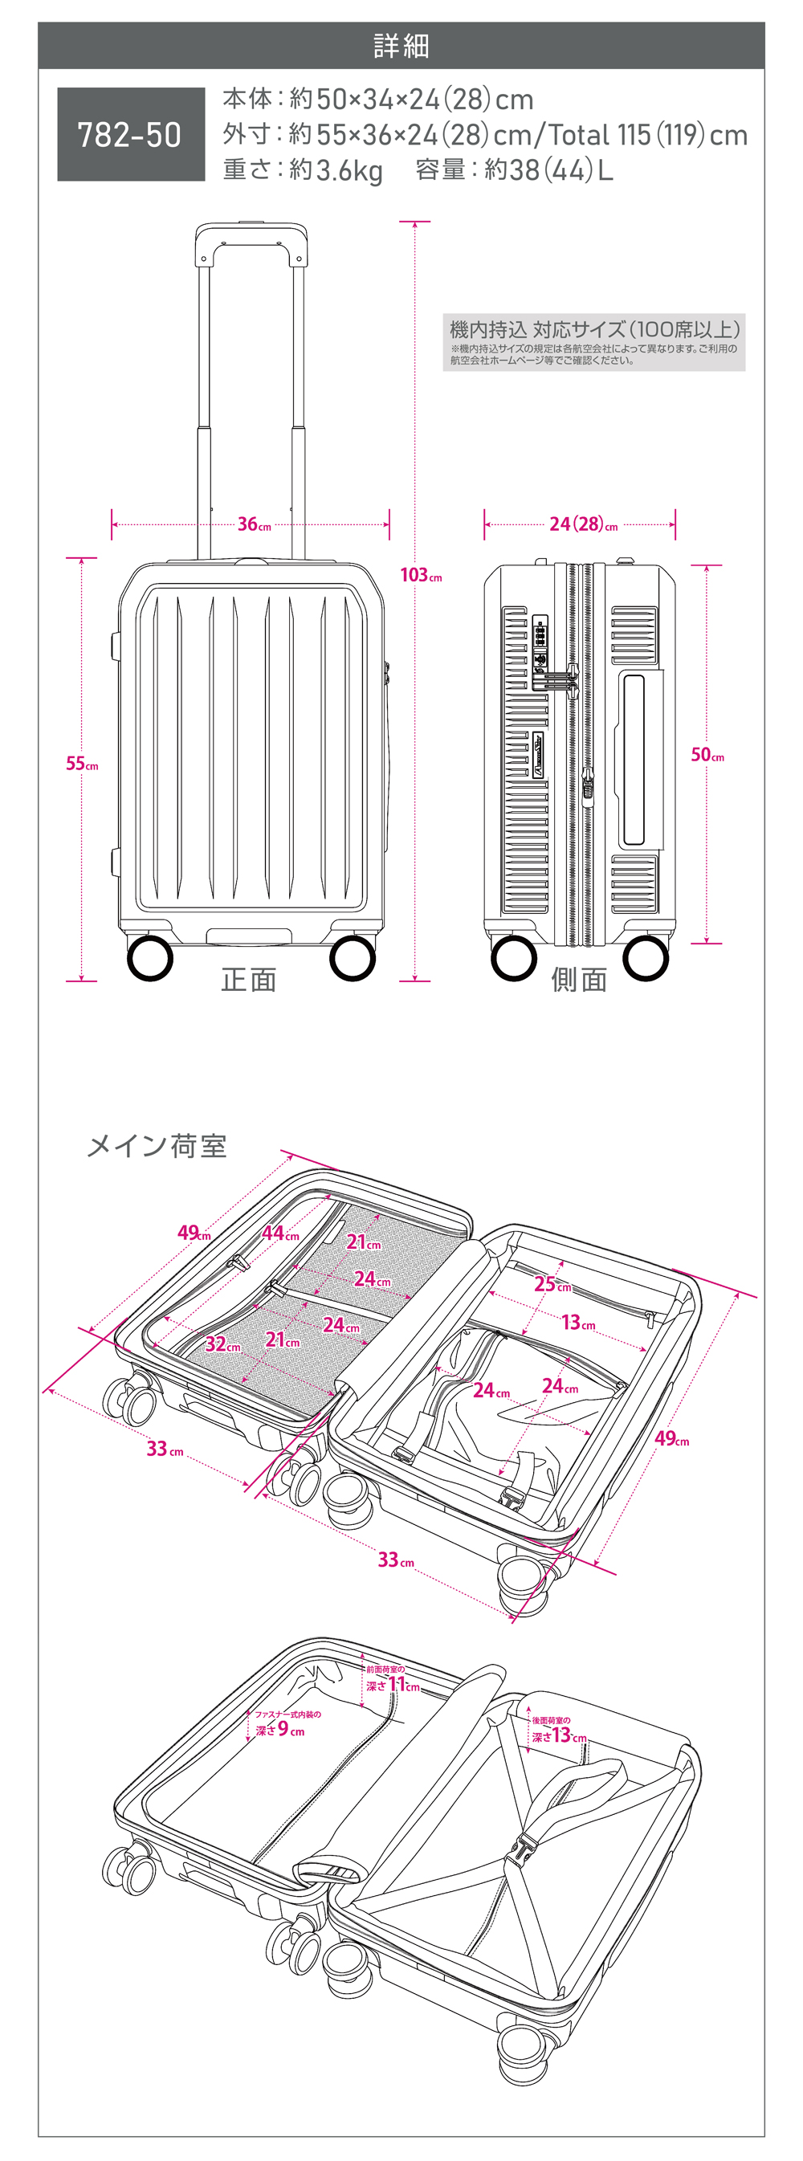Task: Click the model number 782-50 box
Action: tap(131, 134)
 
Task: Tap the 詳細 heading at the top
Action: tap(401, 45)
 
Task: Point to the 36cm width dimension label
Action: tap(254, 524)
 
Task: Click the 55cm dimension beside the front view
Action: tap(81, 764)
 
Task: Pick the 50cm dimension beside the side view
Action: tap(707, 754)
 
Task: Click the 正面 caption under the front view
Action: tap(248, 979)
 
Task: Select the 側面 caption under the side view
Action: tap(578, 979)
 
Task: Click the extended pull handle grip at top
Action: tap(251, 232)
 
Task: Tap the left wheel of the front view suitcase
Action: tap(150, 958)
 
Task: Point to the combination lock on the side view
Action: tap(540, 642)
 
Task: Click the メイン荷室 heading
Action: tap(157, 1146)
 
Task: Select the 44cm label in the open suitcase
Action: tap(279, 1233)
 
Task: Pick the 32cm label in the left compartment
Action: tap(222, 1344)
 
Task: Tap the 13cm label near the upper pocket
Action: tap(577, 1323)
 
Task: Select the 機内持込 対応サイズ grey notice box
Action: tap(593, 342)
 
